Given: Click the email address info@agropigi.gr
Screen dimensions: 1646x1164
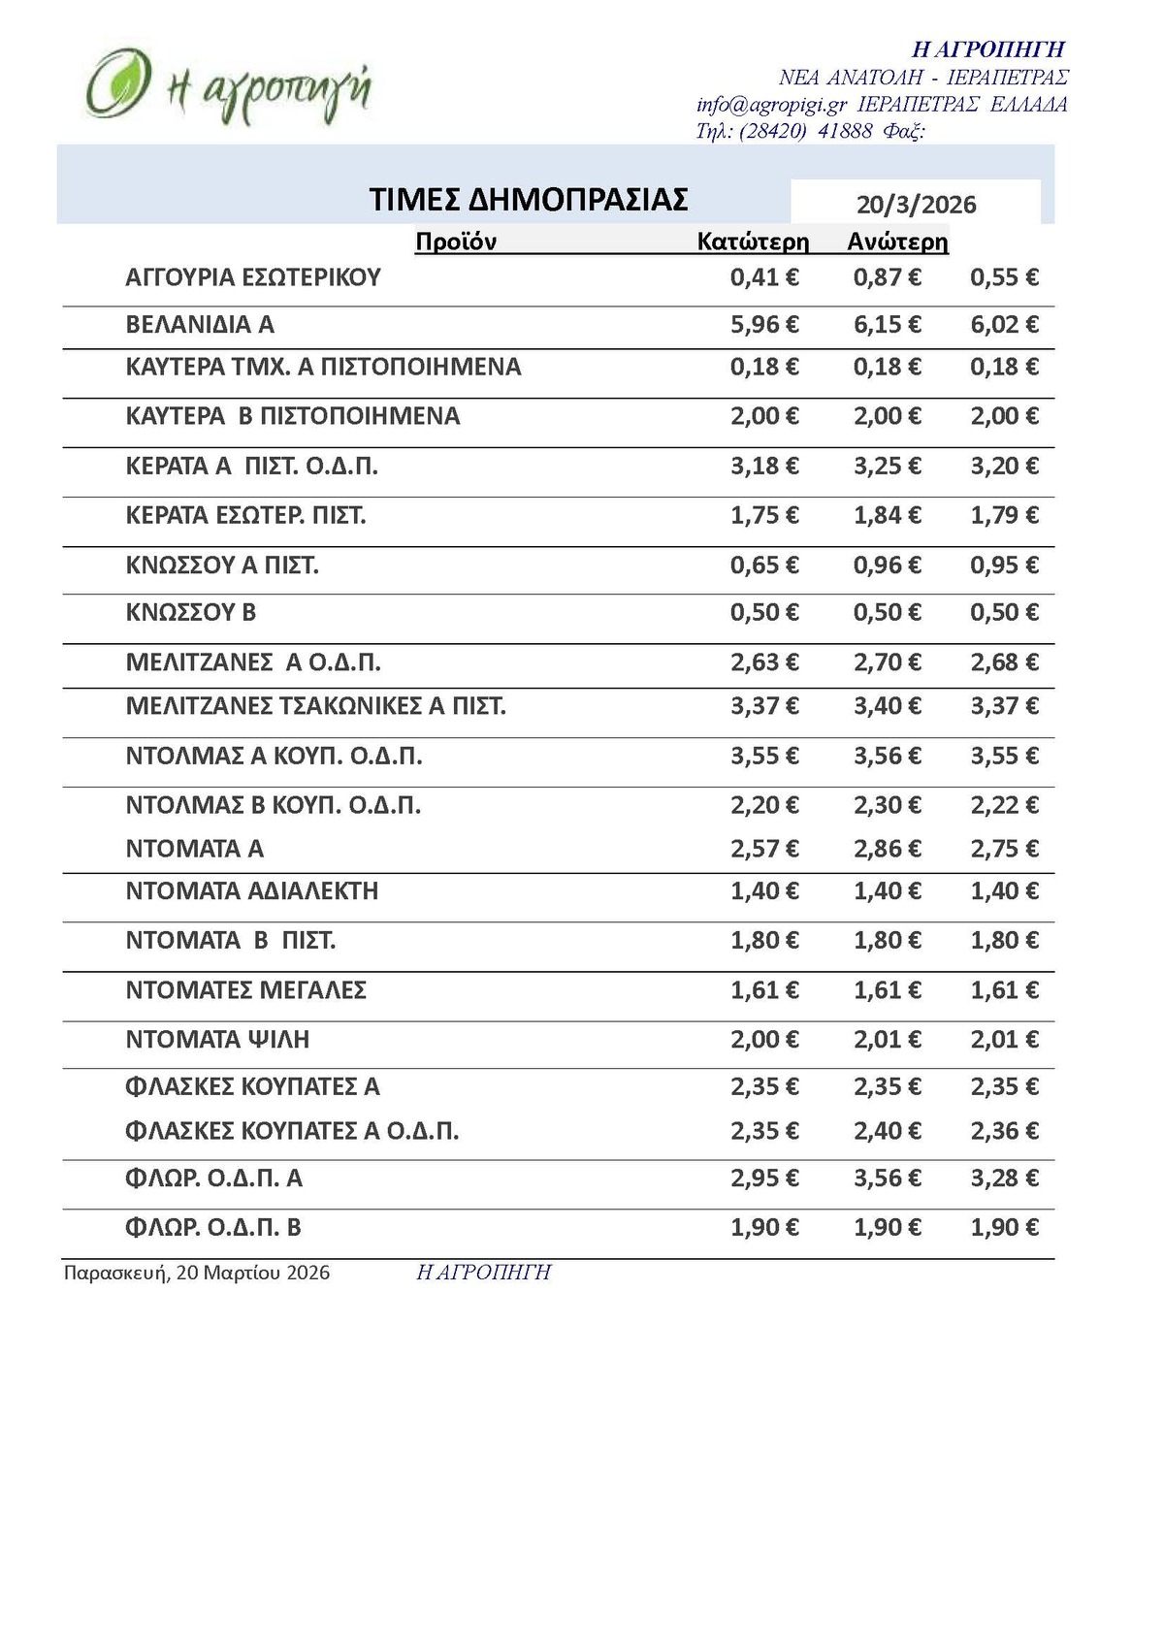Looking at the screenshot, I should point(771,105).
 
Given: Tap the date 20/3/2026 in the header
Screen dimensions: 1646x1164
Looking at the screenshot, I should point(916,205).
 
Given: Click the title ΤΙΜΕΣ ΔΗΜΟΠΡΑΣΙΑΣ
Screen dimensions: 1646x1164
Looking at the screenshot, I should point(529,199).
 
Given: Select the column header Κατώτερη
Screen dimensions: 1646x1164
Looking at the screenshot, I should point(753,242).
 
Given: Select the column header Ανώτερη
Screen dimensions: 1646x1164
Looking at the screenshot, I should point(897,242).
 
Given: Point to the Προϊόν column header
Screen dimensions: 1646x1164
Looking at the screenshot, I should point(455,242).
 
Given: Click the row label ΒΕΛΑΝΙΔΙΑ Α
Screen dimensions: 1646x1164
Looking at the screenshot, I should point(200,324).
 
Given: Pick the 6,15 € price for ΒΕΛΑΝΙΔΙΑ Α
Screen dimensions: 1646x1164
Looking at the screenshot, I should point(887,324).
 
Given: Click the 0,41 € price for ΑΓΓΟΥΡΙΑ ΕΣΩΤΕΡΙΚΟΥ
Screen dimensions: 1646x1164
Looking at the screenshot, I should point(764,277).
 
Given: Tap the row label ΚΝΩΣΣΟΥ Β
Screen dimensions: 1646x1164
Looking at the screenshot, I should point(191,612).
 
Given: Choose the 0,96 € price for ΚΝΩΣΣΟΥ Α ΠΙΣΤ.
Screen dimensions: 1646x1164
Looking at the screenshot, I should point(887,565).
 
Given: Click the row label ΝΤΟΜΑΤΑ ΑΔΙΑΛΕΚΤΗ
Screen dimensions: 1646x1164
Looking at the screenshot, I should point(252,890).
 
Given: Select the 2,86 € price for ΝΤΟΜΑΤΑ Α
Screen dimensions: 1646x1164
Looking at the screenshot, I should point(887,849).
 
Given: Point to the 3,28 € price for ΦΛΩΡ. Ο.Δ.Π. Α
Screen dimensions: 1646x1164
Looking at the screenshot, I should point(1004,1178).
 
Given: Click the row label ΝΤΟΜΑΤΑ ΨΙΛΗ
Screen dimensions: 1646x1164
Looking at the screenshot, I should point(217,1039).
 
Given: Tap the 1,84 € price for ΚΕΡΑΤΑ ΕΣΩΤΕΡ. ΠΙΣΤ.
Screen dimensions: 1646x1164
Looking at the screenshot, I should point(887,515).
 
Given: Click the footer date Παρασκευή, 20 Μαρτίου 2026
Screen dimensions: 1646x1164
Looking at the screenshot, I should point(197,1273).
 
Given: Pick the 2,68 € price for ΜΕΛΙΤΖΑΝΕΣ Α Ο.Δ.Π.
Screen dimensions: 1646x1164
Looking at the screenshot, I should point(1004,662).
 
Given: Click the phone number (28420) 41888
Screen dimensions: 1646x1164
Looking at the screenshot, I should point(805,131).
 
